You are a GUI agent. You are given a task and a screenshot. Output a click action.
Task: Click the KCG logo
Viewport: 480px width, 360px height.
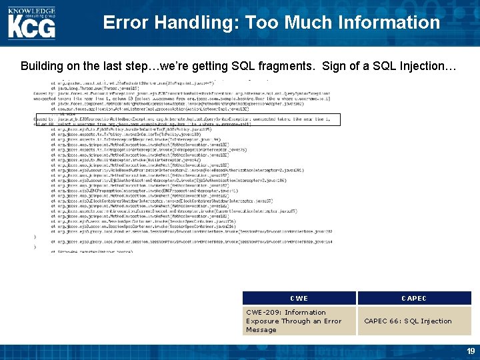pyautogui.click(x=32, y=25)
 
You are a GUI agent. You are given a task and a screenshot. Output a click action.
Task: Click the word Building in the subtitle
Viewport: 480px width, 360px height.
pyautogui.click(x=42, y=67)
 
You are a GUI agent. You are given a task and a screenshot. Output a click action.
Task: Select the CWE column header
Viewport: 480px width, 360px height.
pyautogui.click(x=299, y=298)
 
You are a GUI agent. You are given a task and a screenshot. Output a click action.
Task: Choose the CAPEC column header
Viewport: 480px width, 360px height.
pyautogui.click(x=414, y=298)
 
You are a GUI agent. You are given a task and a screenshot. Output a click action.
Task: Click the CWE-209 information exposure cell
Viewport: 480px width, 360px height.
pyautogui.click(x=299, y=321)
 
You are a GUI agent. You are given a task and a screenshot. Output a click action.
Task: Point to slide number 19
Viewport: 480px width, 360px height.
pyautogui.click(x=470, y=351)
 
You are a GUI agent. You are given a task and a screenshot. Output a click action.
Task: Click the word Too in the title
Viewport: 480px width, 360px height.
pyautogui.click(x=263, y=23)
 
